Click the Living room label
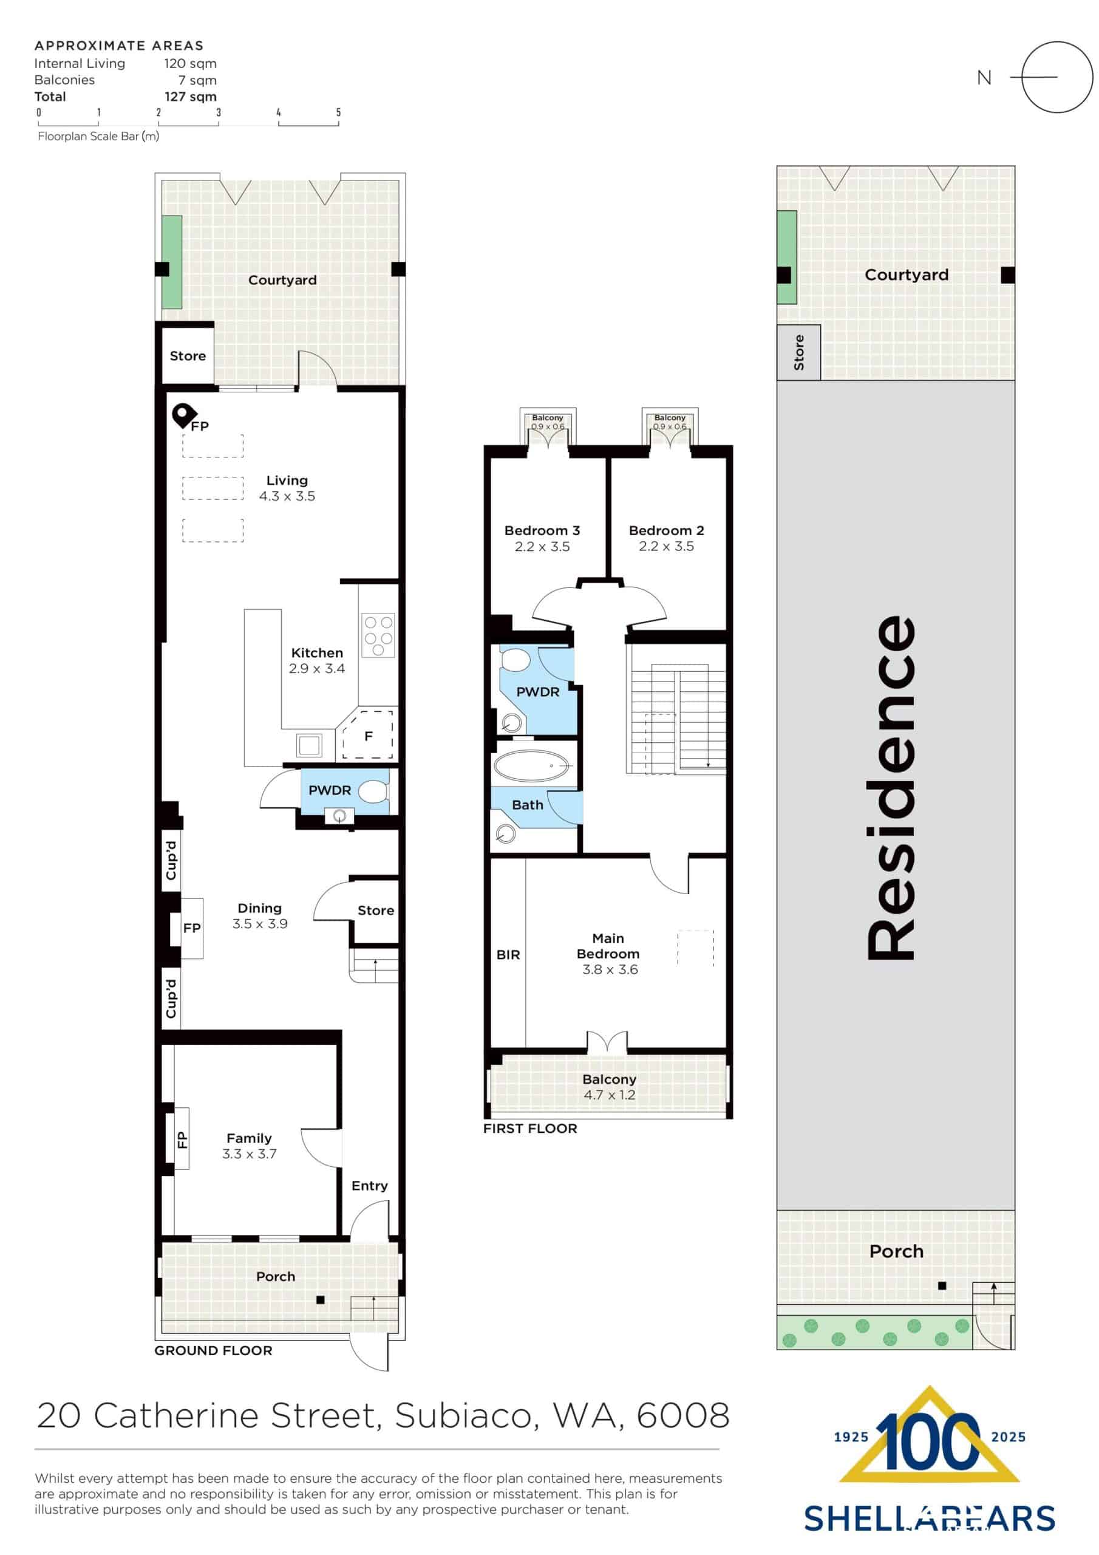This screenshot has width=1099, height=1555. (x=287, y=480)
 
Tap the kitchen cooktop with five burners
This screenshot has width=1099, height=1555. (x=378, y=635)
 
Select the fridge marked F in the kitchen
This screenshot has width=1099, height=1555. (x=369, y=736)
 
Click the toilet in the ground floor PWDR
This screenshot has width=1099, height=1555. (x=372, y=791)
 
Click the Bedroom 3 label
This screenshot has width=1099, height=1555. (x=542, y=530)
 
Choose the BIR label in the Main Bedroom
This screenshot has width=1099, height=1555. (x=508, y=954)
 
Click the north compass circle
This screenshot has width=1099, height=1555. (x=1056, y=77)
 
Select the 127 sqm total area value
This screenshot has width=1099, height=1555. (x=190, y=96)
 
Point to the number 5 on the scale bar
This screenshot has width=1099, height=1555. (x=339, y=112)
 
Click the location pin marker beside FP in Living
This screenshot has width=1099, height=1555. (x=183, y=414)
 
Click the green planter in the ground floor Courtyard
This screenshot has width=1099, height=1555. (x=172, y=262)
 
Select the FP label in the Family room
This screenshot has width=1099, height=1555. (x=182, y=1140)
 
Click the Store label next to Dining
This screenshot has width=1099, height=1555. (x=375, y=911)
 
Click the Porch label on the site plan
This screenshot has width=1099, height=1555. (x=896, y=1251)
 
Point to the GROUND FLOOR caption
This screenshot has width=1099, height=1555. (x=213, y=1350)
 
